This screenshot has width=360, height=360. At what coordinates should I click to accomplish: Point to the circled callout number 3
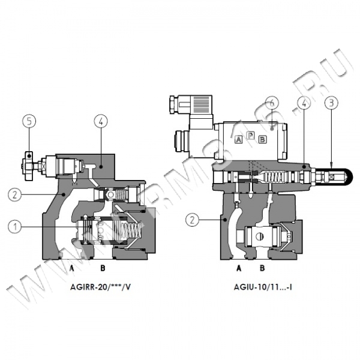pos(331,103)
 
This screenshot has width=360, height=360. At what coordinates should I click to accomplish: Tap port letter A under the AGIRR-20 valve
pos(71,267)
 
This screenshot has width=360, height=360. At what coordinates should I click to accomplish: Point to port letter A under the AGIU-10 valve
pos(238,267)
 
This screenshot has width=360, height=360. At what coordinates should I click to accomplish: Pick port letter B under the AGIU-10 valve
pos(262,267)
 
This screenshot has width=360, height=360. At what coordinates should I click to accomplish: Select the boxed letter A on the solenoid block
pos(238,139)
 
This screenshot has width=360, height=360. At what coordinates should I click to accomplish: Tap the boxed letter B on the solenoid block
pos(262,139)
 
